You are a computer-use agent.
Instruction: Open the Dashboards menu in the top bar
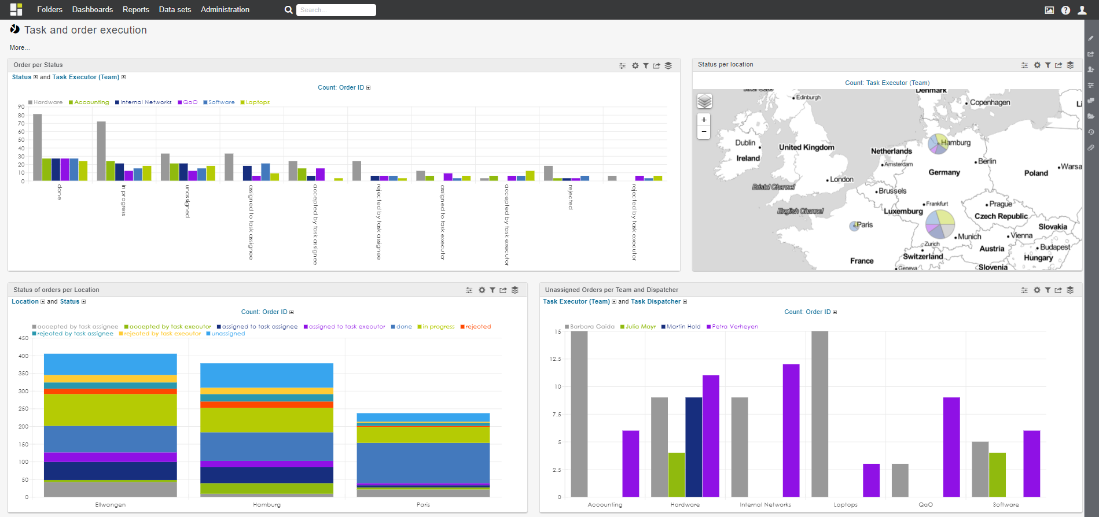point(92,10)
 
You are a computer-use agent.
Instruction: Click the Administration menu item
point(225,10)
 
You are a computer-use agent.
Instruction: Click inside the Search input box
point(336,10)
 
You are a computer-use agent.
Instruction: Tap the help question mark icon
point(1065,10)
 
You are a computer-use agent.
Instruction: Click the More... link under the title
point(19,48)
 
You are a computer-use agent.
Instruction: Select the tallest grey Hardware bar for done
point(38,147)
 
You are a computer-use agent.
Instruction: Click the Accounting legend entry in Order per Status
point(91,102)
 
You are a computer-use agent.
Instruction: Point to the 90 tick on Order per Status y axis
point(21,107)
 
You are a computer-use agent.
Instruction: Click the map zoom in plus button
point(704,120)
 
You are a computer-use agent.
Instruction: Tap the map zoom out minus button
point(704,132)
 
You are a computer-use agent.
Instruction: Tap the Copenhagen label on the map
point(990,102)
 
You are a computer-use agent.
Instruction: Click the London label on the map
point(841,179)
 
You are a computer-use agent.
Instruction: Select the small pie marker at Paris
point(854,226)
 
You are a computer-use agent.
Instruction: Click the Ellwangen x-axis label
point(110,505)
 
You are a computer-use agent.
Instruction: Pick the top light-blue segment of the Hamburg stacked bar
point(266,375)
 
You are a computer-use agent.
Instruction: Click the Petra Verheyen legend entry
point(734,327)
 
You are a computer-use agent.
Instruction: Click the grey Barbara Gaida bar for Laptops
point(819,413)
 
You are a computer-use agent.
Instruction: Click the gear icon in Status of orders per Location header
point(481,290)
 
